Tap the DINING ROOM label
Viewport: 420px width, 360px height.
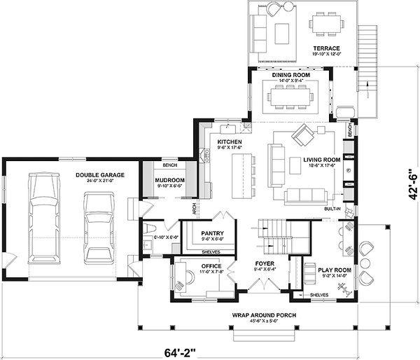[x=290, y=74]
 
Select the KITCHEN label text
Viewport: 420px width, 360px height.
[x=229, y=141]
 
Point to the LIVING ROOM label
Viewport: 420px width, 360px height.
[x=321, y=160]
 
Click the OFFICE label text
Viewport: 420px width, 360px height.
[x=211, y=266]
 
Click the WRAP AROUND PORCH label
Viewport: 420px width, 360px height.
[x=264, y=315]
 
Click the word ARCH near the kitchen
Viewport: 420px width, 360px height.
[x=194, y=209]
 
